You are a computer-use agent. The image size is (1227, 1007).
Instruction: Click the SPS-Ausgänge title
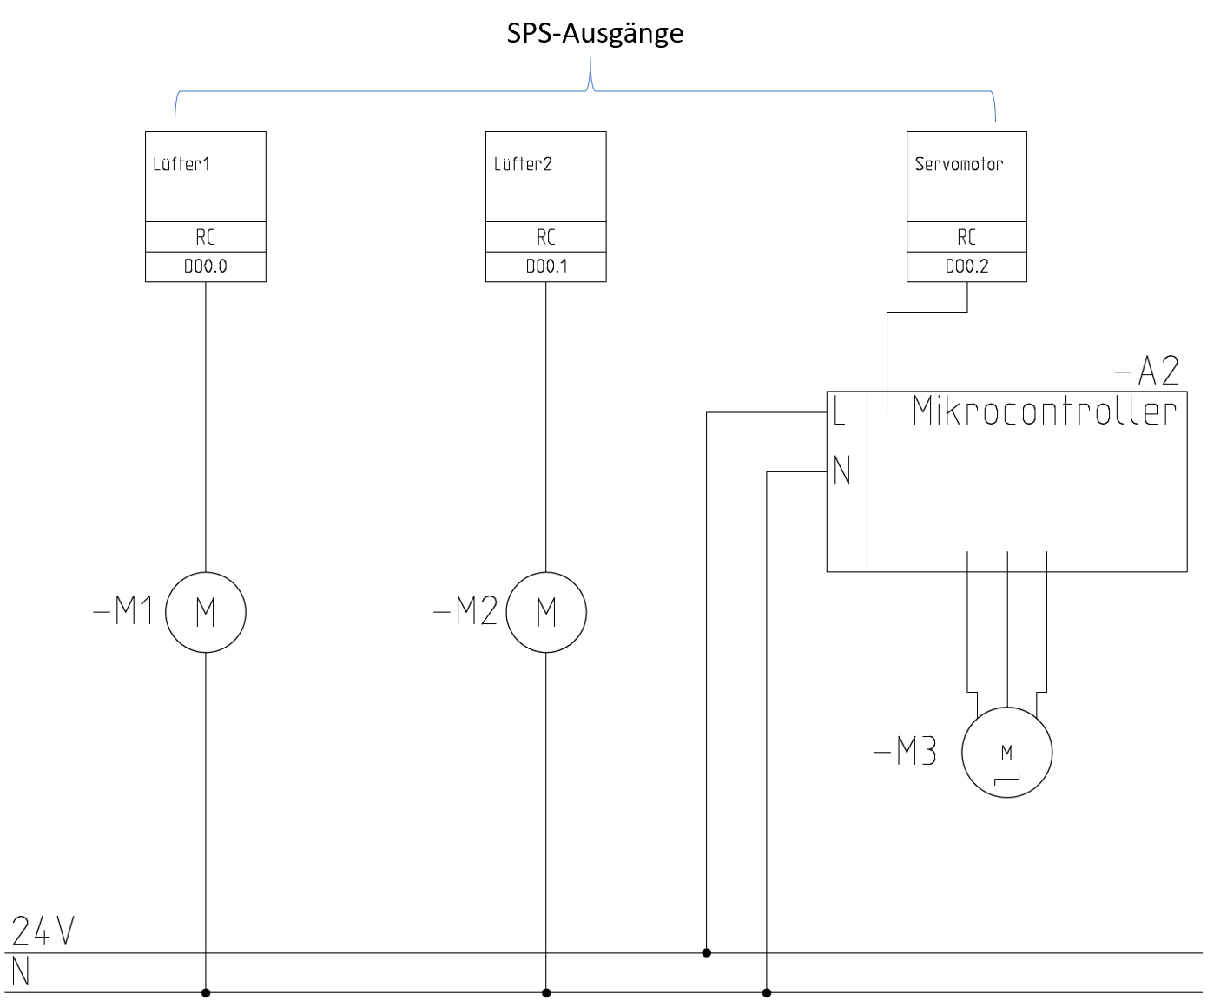click(x=595, y=34)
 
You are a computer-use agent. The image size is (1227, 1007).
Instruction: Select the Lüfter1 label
click(x=181, y=164)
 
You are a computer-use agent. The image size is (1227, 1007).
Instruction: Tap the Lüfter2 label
click(x=523, y=164)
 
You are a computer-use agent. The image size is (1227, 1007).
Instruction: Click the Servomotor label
click(x=959, y=164)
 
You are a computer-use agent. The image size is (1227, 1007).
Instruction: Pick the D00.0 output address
click(x=206, y=267)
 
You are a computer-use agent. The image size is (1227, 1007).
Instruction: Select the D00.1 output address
click(x=546, y=267)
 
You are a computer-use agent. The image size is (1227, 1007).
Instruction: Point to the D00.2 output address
click(x=966, y=267)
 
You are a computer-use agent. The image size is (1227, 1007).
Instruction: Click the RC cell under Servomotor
click(x=966, y=237)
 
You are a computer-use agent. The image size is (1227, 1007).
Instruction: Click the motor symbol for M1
click(x=206, y=612)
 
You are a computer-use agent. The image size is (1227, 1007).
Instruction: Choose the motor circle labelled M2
click(x=546, y=612)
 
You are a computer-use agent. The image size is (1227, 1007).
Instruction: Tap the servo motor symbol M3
click(x=1007, y=753)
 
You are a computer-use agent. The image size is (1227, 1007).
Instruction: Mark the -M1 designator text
click(x=123, y=611)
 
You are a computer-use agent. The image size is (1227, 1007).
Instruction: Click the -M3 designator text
click(x=906, y=752)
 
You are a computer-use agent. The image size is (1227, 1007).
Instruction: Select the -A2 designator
click(x=1147, y=372)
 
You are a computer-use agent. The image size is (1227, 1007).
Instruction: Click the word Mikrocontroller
click(x=1045, y=411)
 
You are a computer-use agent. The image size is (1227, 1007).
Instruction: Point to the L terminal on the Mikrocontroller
click(x=839, y=411)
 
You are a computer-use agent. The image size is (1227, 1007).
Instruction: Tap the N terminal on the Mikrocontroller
click(x=841, y=471)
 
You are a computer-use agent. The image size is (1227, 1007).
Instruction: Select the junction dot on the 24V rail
click(x=707, y=953)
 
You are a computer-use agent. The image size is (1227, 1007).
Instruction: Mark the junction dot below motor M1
click(x=206, y=992)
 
